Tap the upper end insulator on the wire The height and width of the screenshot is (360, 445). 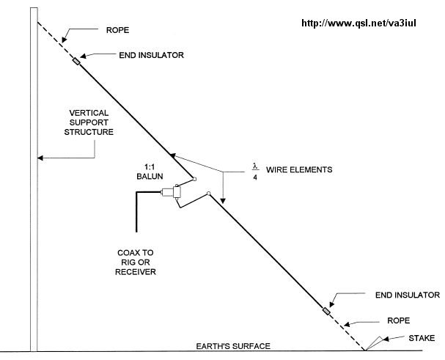pos(76,61)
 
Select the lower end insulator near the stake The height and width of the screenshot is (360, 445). pos(327,312)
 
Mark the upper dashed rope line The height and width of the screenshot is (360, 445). pos(56,41)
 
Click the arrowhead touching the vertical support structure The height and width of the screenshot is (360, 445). pos(43,155)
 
